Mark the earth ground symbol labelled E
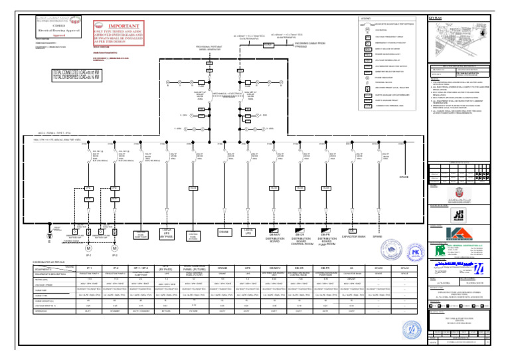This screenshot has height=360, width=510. [48, 232]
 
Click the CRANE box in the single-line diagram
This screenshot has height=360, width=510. [224, 232]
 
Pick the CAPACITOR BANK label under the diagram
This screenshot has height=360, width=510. [353, 236]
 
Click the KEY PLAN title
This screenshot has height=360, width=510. [435, 18]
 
